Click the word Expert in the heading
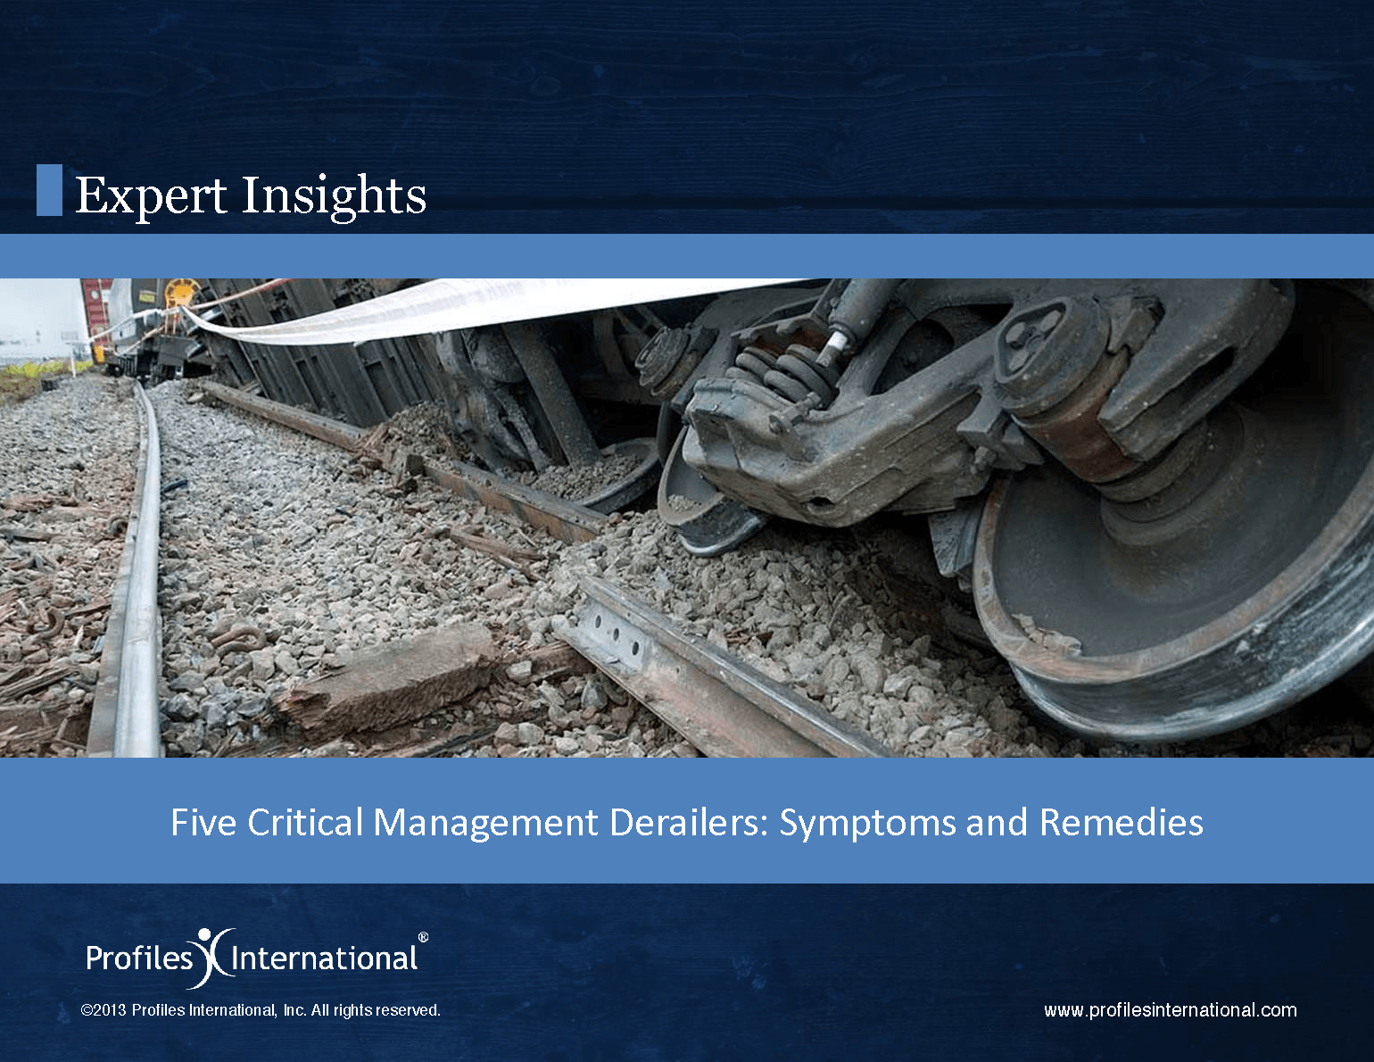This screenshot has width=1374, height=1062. coord(151,195)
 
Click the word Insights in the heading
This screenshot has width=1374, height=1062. coord(334,196)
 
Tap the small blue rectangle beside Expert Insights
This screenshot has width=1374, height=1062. coord(49,190)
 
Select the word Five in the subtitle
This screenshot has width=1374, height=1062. coord(203,822)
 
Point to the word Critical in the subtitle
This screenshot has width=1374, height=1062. coord(305,822)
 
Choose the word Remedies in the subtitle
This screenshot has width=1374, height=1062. coord(1122,822)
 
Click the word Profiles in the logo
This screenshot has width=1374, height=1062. coord(139,958)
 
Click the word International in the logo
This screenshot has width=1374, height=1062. coord(324,958)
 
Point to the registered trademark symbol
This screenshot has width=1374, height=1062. coord(423,937)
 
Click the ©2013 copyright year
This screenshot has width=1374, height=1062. coord(103,1010)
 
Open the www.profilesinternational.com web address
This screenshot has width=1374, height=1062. coord(1171,1011)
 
